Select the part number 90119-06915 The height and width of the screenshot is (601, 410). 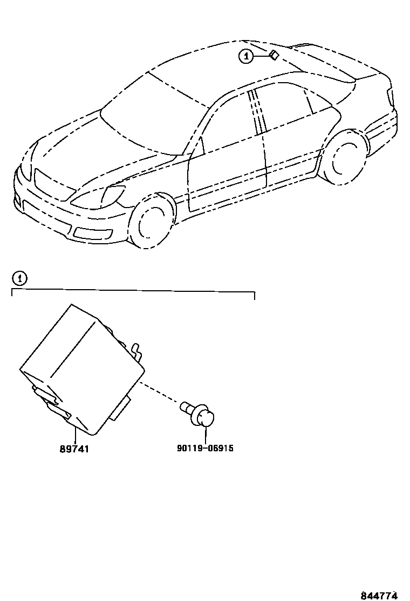(205, 449)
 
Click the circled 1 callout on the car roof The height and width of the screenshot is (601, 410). (245, 56)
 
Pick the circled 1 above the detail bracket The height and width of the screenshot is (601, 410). (19, 278)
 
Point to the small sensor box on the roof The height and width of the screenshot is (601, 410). (273, 55)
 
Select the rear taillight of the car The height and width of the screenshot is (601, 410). (390, 97)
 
